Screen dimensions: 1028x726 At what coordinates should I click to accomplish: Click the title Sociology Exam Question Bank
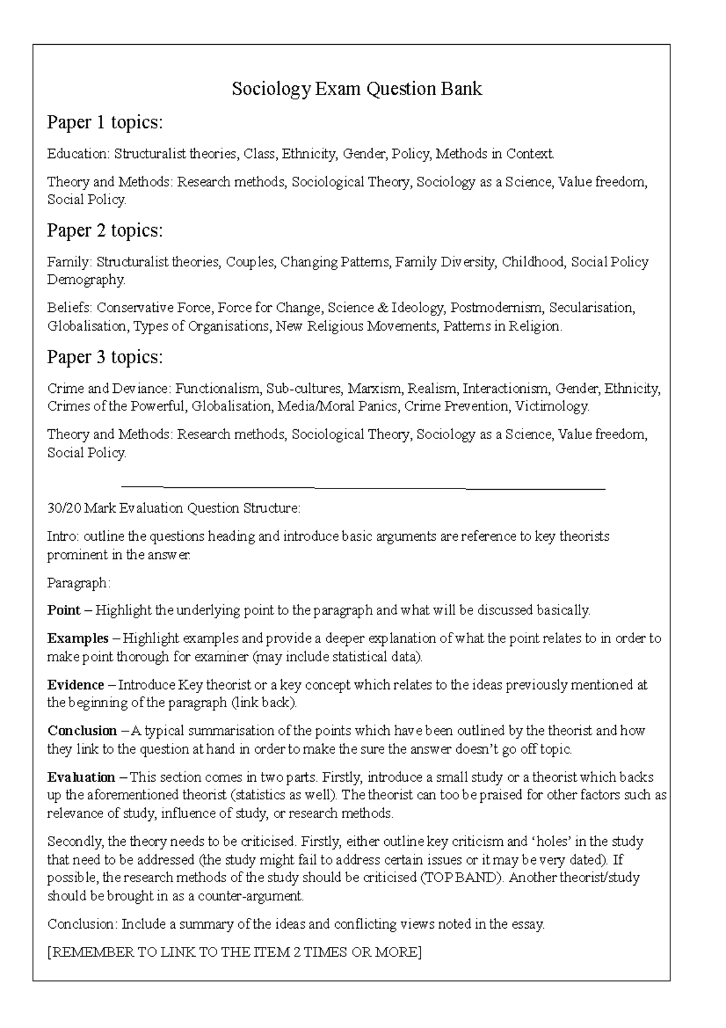coord(357,89)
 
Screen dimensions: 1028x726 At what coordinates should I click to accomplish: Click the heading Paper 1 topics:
coord(105,123)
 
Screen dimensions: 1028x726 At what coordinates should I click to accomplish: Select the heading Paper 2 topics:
coord(105,231)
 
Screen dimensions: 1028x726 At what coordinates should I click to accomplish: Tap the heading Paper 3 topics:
coord(105,357)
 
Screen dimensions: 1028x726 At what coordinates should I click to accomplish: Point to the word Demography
coord(86,280)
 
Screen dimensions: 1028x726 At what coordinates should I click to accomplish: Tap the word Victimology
coord(552,406)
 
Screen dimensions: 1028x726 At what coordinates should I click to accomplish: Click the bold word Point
coord(64,610)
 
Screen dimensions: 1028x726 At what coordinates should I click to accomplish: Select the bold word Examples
coord(78,639)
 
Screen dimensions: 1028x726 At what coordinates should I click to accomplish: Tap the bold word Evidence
coord(76,685)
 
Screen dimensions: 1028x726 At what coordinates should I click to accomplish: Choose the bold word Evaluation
coord(81,777)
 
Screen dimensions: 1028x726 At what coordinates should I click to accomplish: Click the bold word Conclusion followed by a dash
coord(82,731)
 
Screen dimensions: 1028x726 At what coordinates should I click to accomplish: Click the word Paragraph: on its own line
coord(79,583)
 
